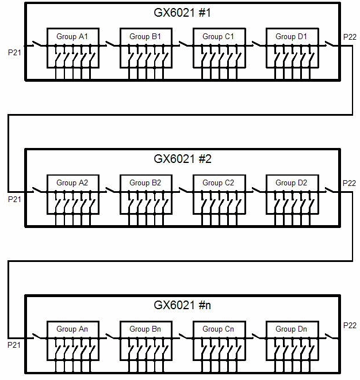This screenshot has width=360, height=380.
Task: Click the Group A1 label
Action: [x=72, y=37]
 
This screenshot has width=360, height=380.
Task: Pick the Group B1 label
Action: [x=145, y=37]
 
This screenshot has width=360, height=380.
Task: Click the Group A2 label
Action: [x=72, y=183]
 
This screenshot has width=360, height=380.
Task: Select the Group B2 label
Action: [x=145, y=183]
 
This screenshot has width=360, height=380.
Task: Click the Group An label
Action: [x=72, y=329]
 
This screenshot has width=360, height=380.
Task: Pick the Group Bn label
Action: [x=145, y=329]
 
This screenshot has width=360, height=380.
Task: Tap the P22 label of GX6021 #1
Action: [x=349, y=37]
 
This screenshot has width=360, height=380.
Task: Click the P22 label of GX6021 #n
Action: [x=349, y=325]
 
